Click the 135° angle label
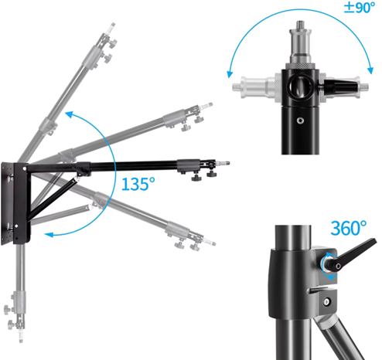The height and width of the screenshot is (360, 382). tap(138, 184)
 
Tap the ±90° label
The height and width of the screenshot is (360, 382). tap(360, 8)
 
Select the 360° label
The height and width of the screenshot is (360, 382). tap(349, 228)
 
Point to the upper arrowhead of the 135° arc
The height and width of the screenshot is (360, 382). tap(69, 114)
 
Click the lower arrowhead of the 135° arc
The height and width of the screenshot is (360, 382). tap(49, 235)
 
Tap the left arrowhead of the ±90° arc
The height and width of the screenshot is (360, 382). tap(230, 74)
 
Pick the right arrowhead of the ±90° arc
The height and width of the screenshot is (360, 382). tap(370, 70)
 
